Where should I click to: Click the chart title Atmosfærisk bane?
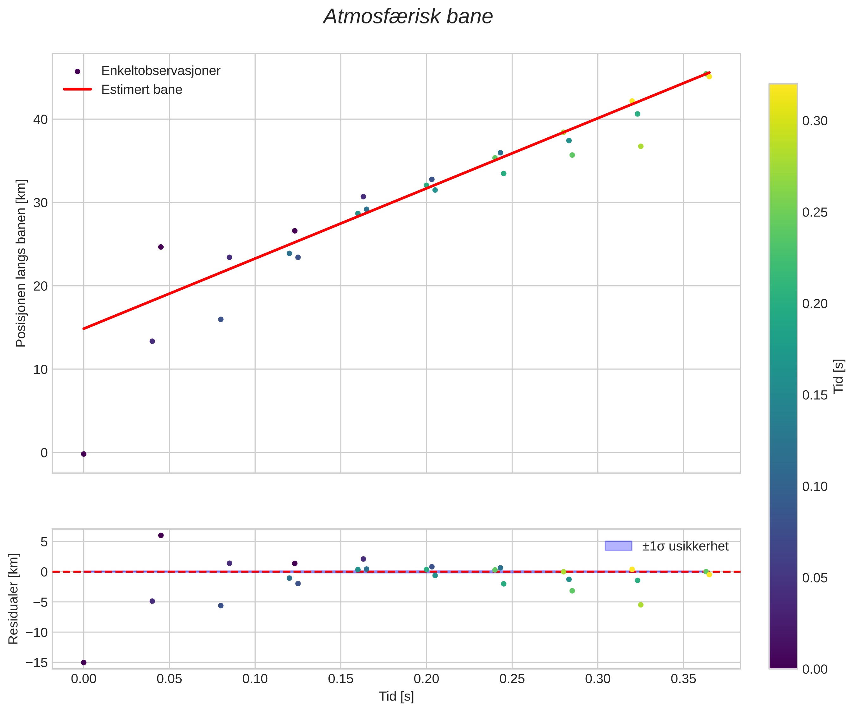(408, 17)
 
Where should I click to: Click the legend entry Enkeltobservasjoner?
(160, 71)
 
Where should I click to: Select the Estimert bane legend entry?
(141, 90)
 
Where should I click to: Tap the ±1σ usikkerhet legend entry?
(685, 546)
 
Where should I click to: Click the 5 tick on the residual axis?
(44, 542)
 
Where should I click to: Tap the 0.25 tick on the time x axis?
(512, 679)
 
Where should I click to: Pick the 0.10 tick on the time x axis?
(255, 679)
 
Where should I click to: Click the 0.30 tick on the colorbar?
(814, 121)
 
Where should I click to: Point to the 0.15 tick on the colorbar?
(814, 395)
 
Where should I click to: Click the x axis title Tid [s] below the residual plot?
(396, 696)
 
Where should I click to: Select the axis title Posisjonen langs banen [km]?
(21, 263)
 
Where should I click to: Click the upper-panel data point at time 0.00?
(84, 454)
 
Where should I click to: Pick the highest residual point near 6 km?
(161, 535)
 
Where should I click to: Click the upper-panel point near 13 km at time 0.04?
(152, 341)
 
